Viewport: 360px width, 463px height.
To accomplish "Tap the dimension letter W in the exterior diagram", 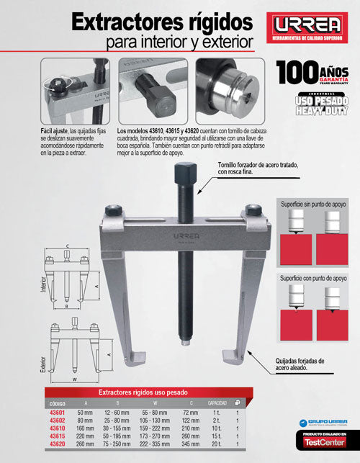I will pyautogui.click(x=75, y=377).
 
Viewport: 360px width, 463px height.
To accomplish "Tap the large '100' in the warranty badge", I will pyautogui.click(x=296, y=73).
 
